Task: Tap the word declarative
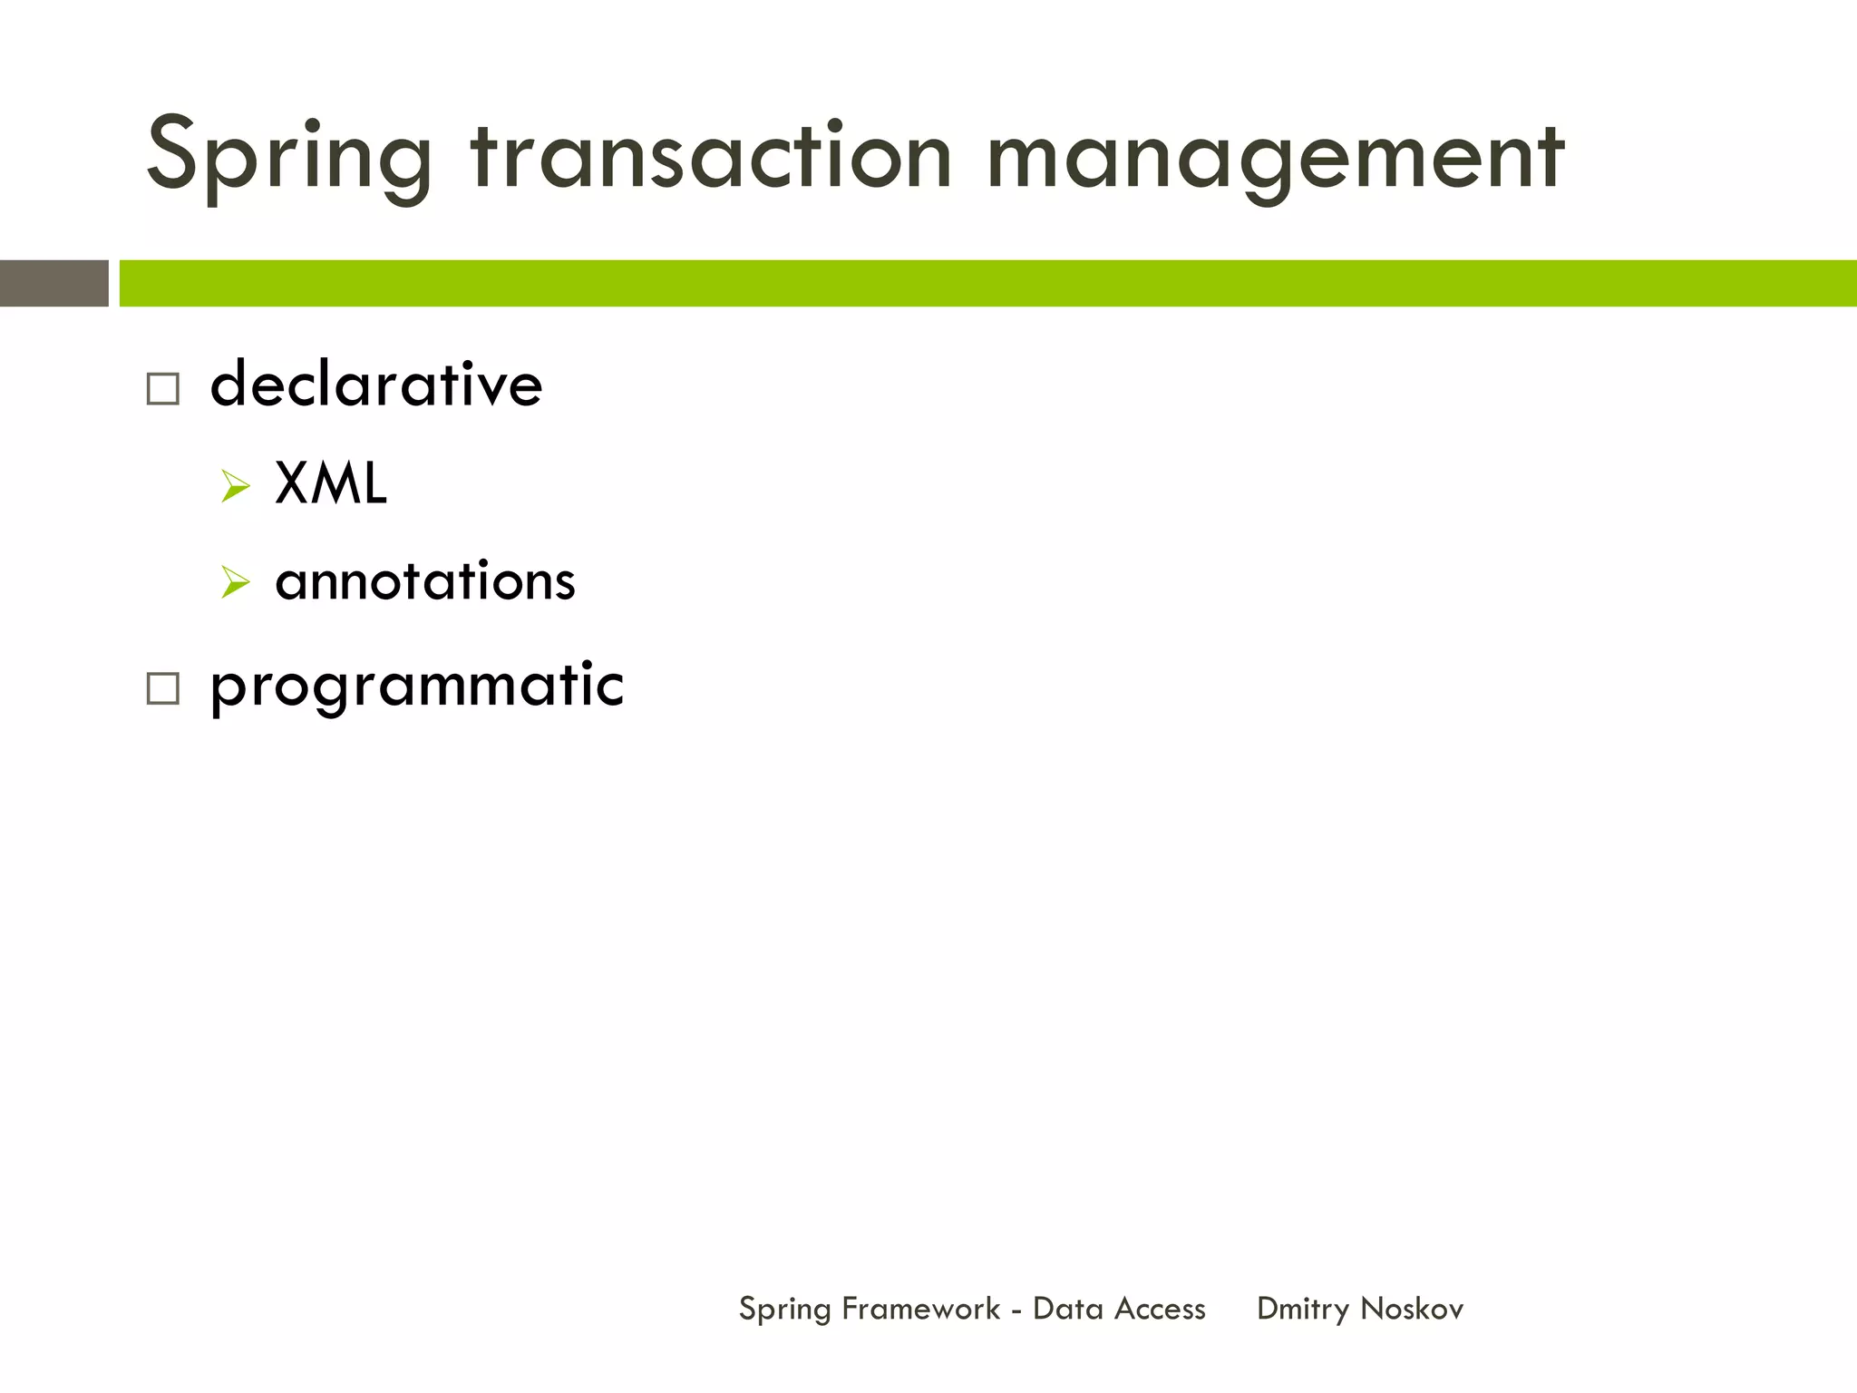376,385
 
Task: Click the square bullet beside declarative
163,389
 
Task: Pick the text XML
331,483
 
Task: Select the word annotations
424,581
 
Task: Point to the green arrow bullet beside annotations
235,581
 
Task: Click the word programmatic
417,686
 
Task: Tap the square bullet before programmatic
163,688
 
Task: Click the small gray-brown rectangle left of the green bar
53,283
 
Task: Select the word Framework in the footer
920,1309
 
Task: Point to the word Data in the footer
1067,1309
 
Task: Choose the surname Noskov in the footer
1412,1309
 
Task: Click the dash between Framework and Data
1016,1310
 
